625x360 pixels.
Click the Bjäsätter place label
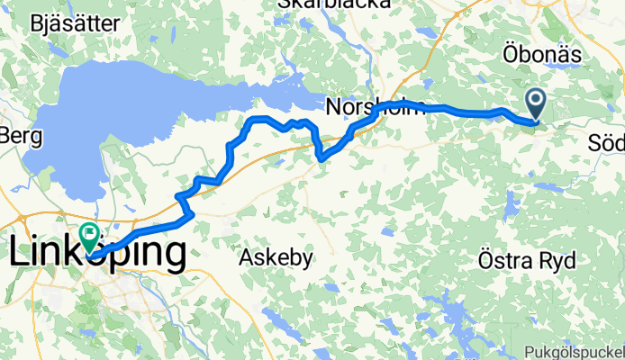click(x=76, y=24)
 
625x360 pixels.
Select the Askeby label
click(x=276, y=258)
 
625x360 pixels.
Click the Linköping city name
click(x=97, y=253)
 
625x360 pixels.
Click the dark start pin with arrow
click(x=536, y=103)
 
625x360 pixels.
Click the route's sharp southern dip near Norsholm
click(x=322, y=157)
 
